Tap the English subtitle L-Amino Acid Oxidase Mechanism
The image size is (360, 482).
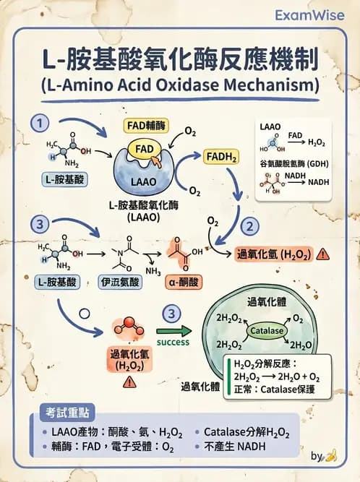point(180,85)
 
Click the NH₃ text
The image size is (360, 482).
point(153,271)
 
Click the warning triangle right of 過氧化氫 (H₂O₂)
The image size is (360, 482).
point(322,254)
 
